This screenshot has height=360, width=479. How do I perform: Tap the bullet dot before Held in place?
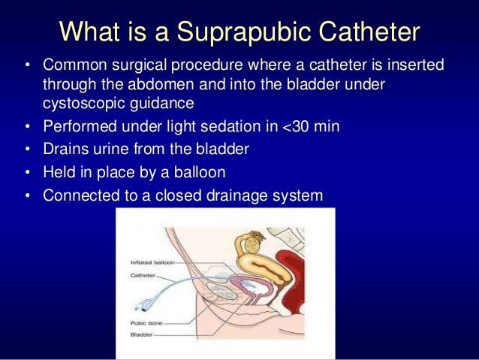pyautogui.click(x=27, y=172)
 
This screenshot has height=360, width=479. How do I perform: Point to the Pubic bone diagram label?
pyautogui.click(x=146, y=322)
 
